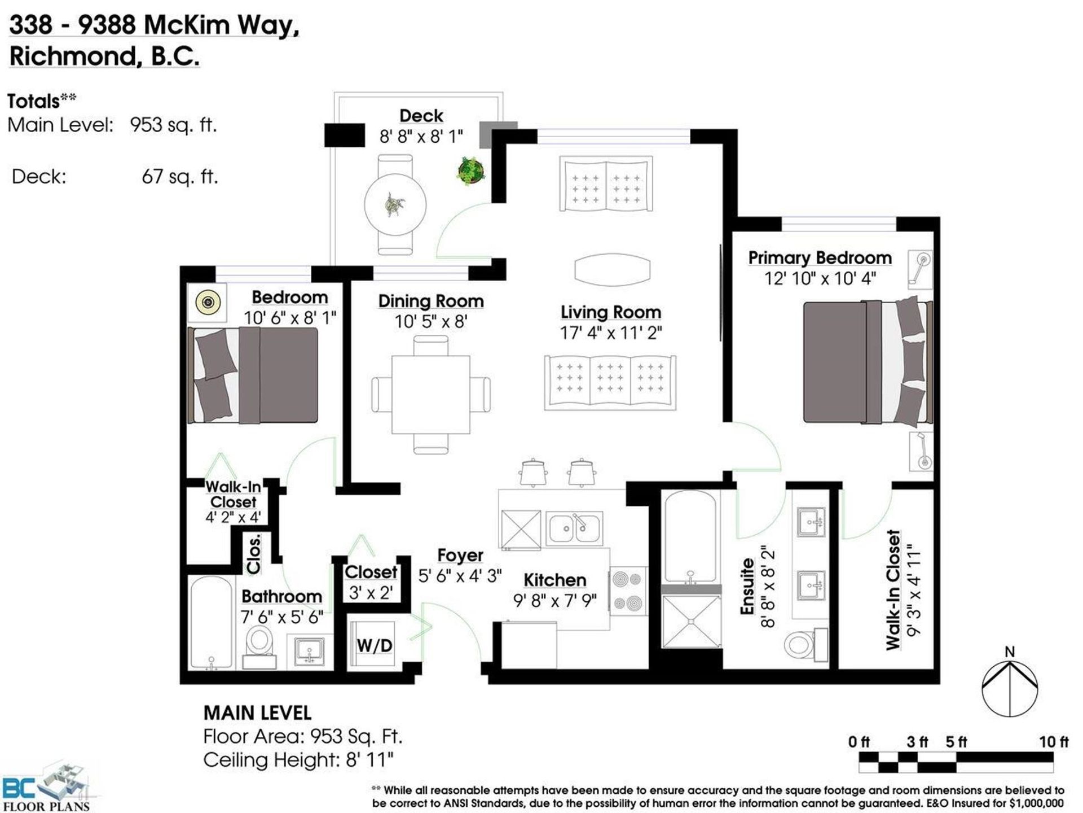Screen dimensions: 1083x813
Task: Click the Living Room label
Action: tap(611, 312)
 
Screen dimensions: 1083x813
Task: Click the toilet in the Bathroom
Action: tap(259, 646)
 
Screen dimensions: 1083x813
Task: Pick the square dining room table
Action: tap(431, 395)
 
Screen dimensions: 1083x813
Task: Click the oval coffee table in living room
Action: tap(612, 269)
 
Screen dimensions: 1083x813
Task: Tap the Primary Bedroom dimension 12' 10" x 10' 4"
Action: tap(820, 278)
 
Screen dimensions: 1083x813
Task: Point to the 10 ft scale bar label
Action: tap(1054, 741)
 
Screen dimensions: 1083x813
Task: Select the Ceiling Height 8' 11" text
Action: tap(298, 760)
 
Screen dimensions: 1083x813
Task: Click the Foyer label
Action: tap(460, 556)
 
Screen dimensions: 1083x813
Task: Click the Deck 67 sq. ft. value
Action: tap(179, 177)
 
